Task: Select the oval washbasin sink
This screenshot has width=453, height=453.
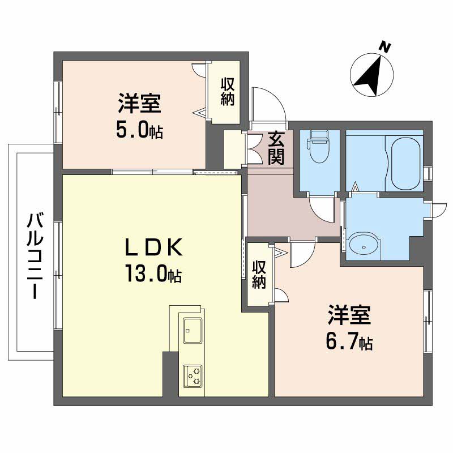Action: [x=362, y=244]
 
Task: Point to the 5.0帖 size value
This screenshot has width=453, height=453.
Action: [x=140, y=131]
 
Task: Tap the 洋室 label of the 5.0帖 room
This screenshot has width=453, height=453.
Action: [x=140, y=105]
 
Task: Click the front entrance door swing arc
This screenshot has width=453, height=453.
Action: [x=266, y=102]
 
